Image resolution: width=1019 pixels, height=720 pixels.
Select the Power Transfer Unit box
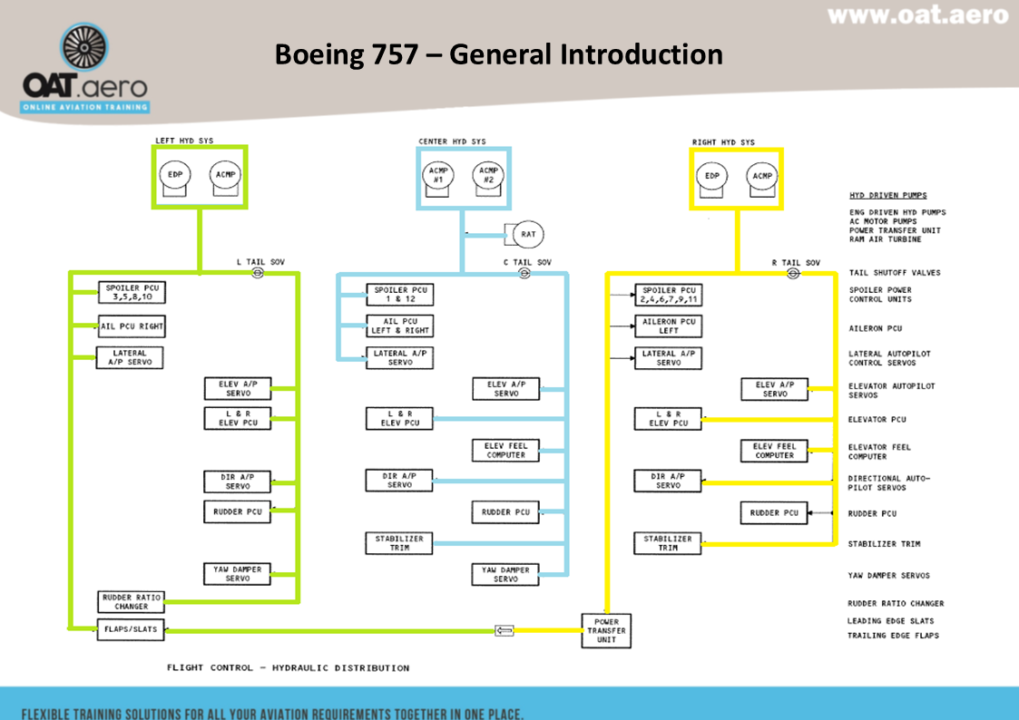pos(606,630)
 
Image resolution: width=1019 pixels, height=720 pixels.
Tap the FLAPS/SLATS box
pos(131,629)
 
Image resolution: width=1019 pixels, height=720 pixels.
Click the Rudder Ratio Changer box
pos(131,602)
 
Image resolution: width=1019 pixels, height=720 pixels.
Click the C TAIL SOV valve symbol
pos(524,273)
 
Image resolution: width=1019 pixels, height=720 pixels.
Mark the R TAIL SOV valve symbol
pos(793,273)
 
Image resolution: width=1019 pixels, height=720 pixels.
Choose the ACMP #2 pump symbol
pos(487,176)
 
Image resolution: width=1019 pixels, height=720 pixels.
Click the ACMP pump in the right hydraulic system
pos(762,176)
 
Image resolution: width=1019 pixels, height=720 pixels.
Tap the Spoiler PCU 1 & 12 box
pos(400,295)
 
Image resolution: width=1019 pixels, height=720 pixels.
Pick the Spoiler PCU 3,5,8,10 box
pos(132,292)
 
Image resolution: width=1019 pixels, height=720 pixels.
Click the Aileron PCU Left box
pos(669,326)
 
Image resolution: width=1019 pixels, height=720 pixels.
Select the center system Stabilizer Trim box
pos(399,543)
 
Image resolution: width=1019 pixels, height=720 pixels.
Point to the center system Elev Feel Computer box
pos(505,450)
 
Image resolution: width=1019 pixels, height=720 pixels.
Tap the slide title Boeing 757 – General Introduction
pos(498,54)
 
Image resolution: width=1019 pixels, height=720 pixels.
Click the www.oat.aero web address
pos(917,15)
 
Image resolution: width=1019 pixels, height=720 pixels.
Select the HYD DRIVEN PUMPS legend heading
pos(887,195)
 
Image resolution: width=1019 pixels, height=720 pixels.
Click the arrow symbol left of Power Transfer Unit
pos(505,630)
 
